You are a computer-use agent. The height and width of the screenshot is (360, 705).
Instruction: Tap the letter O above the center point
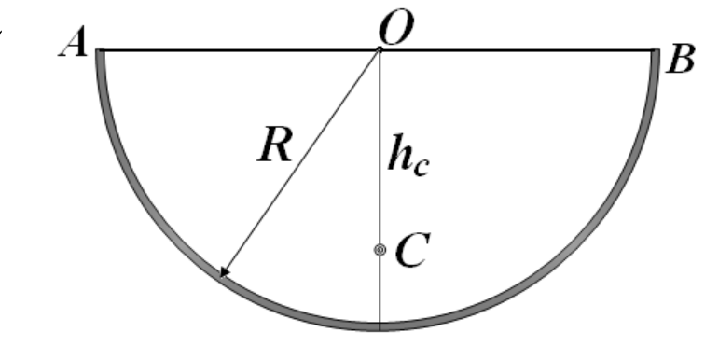pyautogui.click(x=395, y=28)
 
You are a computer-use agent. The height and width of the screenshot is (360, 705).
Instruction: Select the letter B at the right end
pyautogui.click(x=681, y=60)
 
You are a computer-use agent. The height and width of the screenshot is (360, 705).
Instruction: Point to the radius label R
pyautogui.click(x=276, y=145)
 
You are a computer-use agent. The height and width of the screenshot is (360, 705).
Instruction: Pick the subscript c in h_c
pyautogui.click(x=422, y=167)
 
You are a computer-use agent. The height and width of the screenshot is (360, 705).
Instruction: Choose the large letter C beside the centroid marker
pyautogui.click(x=413, y=250)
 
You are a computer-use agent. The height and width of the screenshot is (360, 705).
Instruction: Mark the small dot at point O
pyautogui.click(x=380, y=49)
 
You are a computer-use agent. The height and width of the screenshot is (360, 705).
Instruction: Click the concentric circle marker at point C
pyautogui.click(x=380, y=250)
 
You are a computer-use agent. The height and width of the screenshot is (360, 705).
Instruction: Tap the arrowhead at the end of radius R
pyautogui.click(x=225, y=271)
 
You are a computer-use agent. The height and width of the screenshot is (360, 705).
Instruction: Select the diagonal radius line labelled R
pyautogui.click(x=300, y=162)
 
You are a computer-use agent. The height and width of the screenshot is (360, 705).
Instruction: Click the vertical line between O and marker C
pyautogui.click(x=380, y=147)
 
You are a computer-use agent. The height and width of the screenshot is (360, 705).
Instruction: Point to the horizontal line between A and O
pyautogui.click(x=240, y=49)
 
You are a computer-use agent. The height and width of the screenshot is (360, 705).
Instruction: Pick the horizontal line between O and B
pyautogui.click(x=517, y=49)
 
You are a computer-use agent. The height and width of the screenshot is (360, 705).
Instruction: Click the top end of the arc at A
pyautogui.click(x=101, y=49)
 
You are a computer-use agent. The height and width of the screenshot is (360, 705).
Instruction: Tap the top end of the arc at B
pyautogui.click(x=656, y=49)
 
